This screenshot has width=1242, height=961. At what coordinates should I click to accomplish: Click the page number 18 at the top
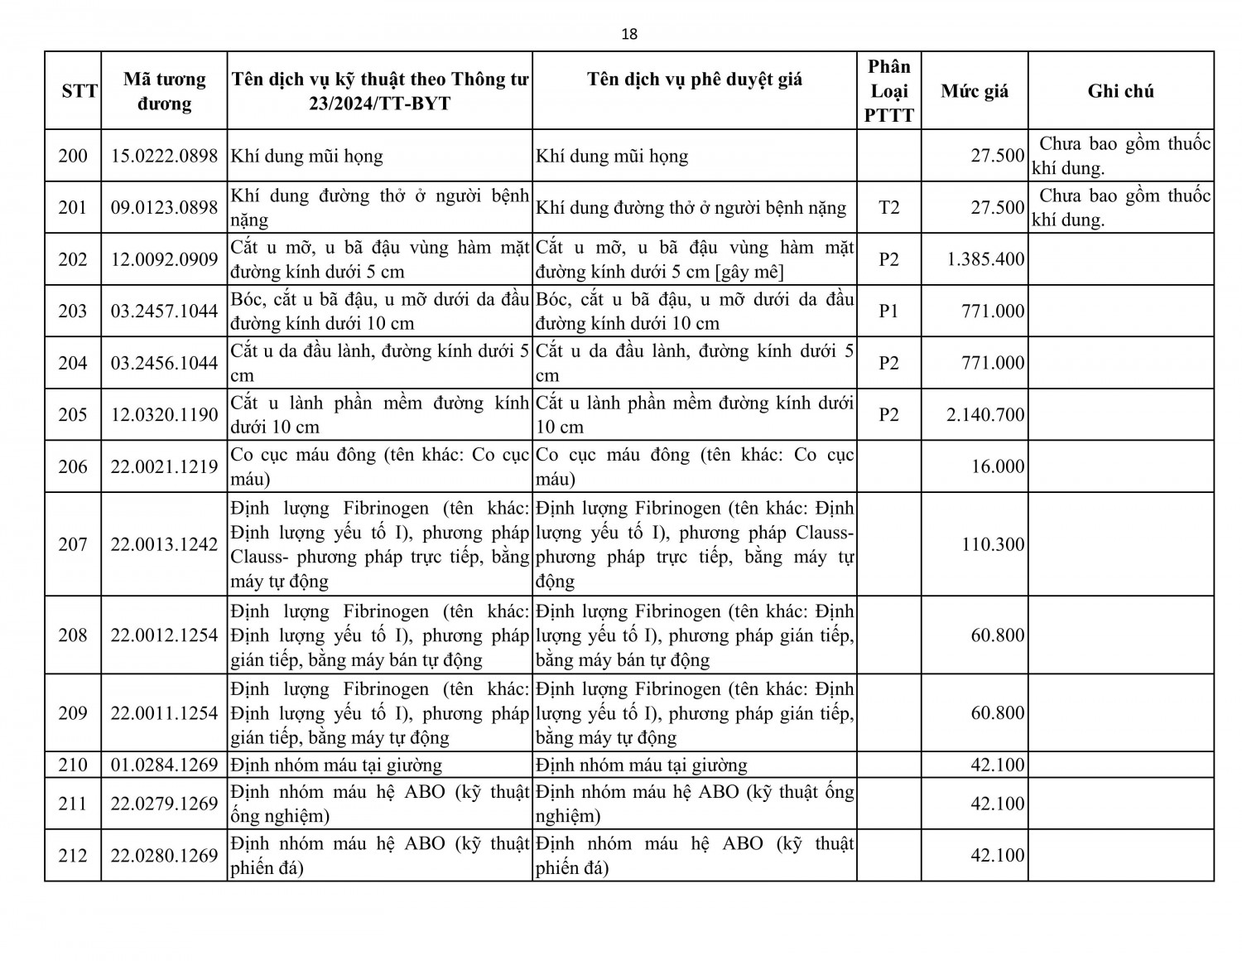(x=629, y=34)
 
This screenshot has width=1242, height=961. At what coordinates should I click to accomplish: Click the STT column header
(x=79, y=91)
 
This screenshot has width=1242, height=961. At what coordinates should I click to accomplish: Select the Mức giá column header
(x=975, y=91)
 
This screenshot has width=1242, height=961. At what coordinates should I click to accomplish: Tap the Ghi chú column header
(x=1120, y=91)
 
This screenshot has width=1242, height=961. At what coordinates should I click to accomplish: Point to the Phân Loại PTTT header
(x=888, y=91)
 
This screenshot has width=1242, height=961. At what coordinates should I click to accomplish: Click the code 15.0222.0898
(x=164, y=156)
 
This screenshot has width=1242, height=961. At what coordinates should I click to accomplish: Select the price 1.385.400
(x=985, y=259)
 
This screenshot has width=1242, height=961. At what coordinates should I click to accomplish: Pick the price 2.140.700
(x=985, y=414)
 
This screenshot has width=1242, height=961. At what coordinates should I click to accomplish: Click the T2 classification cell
(x=888, y=207)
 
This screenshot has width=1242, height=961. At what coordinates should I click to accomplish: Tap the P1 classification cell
(x=888, y=311)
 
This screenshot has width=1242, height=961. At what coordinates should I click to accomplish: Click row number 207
(x=73, y=544)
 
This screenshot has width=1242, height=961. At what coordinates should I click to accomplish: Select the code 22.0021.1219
(x=164, y=466)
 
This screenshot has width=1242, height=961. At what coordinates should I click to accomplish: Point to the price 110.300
(x=993, y=544)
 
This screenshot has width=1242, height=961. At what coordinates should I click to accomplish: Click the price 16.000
(x=998, y=466)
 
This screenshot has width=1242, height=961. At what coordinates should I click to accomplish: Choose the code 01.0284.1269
(x=164, y=765)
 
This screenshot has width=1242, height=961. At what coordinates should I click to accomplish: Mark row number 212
(x=73, y=855)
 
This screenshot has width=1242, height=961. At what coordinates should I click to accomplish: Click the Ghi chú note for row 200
(x=1120, y=156)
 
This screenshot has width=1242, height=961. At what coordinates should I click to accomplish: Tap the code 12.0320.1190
(x=164, y=414)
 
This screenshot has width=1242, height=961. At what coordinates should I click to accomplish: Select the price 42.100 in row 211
(x=998, y=804)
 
